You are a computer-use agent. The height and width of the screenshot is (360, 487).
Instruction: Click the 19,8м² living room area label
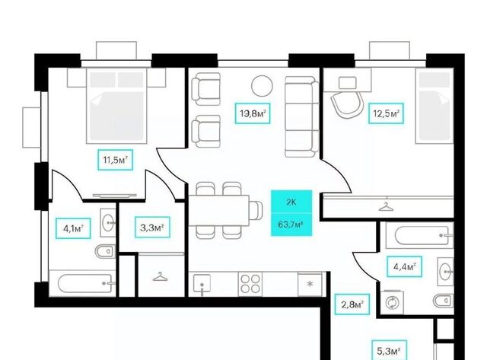point(252,113)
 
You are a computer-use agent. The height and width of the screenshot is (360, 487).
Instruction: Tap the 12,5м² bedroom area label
point(386,113)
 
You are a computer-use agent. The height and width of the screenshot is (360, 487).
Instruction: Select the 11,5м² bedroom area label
point(116,160)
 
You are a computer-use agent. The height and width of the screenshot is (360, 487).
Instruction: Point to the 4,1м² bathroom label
point(73,228)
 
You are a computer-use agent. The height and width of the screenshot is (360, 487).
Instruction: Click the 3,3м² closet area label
point(152,228)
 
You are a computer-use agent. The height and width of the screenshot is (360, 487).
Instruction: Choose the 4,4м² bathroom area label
point(404,266)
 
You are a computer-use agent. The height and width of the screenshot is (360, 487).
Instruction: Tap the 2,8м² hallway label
point(352,304)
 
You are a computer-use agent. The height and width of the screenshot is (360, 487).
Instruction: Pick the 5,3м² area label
point(390,352)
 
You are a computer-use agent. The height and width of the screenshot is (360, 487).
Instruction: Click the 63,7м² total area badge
point(291,225)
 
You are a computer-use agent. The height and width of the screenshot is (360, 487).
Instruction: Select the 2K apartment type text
point(291,202)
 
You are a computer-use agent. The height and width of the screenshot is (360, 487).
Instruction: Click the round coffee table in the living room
point(262,86)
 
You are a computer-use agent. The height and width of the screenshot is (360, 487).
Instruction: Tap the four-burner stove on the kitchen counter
point(250,284)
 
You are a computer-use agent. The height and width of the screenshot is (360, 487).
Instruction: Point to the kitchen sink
point(202,285)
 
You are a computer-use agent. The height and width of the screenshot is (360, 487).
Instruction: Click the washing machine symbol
point(393,302)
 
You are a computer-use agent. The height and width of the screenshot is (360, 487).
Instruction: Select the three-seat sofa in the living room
point(302,116)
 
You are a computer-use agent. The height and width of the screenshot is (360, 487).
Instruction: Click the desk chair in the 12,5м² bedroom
point(347,105)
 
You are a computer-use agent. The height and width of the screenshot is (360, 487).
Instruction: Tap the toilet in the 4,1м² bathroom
point(106,251)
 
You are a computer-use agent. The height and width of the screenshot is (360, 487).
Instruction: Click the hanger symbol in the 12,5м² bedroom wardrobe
point(386,207)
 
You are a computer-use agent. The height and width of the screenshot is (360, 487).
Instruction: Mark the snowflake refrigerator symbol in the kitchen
point(310,284)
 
